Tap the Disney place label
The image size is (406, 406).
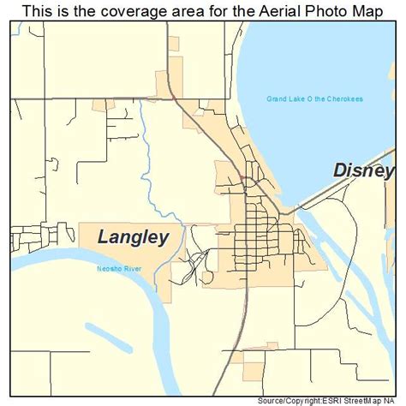tap(363, 170)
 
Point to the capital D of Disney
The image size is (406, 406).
tap(340, 170)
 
